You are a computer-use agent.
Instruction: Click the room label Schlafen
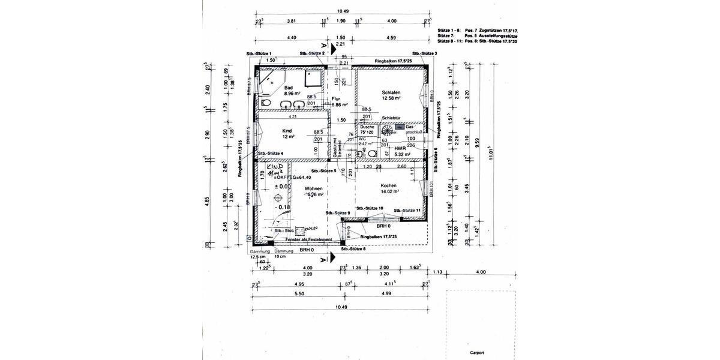[x=391, y=92]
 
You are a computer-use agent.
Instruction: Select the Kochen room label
[x=389, y=185]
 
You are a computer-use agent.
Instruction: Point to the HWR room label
[x=401, y=147]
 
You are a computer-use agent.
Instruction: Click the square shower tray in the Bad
[x=312, y=80]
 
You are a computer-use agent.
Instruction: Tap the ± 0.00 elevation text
[x=282, y=187]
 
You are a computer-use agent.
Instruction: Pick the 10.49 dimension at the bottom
[x=341, y=307]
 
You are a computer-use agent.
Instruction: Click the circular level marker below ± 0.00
[x=277, y=196]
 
